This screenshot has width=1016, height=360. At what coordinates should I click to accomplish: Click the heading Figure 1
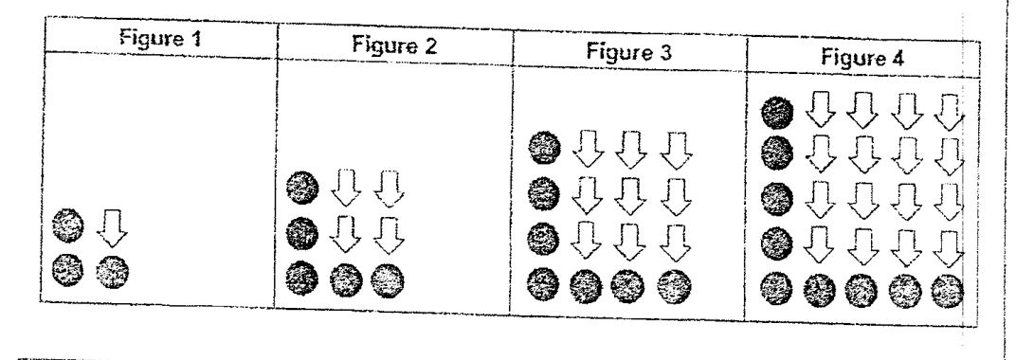click(x=160, y=38)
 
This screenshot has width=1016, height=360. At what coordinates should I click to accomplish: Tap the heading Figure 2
click(x=394, y=45)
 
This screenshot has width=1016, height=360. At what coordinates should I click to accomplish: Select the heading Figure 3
click(x=628, y=52)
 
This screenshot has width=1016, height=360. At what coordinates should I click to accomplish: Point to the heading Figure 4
click(x=862, y=59)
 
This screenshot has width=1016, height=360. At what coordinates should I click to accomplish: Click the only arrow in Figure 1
click(x=112, y=226)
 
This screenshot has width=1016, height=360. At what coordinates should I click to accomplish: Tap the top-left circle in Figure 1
click(x=67, y=225)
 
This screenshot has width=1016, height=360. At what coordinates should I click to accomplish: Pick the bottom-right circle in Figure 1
click(x=112, y=271)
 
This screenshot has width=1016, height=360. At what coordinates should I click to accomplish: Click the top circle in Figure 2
click(x=302, y=189)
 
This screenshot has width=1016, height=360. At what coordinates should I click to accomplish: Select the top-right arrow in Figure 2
click(x=390, y=189)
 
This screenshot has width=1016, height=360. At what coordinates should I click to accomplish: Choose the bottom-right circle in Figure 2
click(x=388, y=281)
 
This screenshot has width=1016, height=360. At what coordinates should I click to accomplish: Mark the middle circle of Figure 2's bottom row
click(x=345, y=280)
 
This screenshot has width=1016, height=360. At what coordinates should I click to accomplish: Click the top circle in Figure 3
click(x=545, y=149)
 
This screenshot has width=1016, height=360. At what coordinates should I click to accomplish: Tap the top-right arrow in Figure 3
click(x=676, y=151)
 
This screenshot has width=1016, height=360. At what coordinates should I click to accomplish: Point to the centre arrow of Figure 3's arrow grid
click(x=631, y=195)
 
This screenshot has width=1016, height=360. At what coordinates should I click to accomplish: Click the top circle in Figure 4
click(x=777, y=113)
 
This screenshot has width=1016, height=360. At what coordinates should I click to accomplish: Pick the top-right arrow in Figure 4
click(x=950, y=113)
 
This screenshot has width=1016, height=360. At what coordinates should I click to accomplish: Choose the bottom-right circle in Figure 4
click(x=948, y=292)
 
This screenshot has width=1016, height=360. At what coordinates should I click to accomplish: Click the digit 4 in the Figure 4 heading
click(x=897, y=59)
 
